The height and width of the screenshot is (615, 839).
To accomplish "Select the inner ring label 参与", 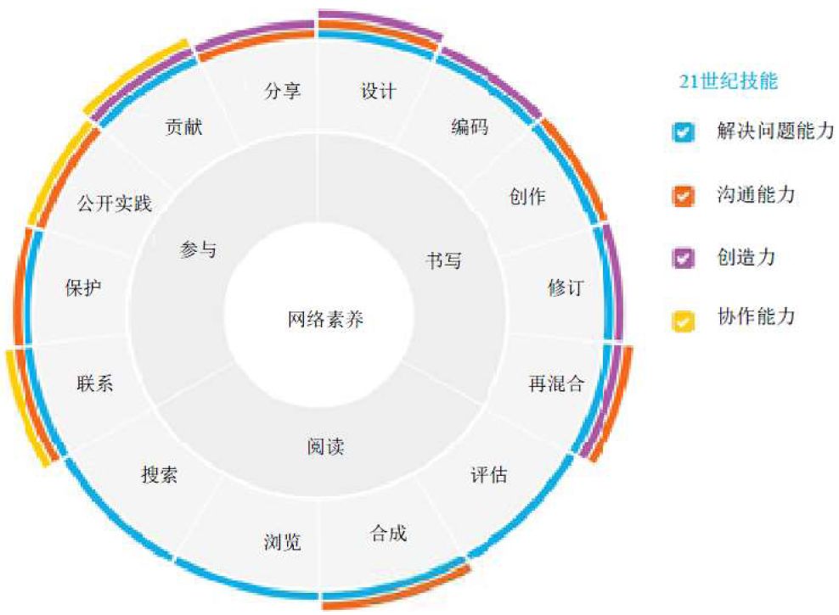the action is tap(198, 249).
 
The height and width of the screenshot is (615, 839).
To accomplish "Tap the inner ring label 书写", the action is tap(443, 260).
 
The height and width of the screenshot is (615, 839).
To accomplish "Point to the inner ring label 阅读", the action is tap(326, 446).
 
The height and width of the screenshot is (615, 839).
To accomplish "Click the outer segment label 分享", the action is tap(282, 91).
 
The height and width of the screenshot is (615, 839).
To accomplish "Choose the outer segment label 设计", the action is tap(378, 91).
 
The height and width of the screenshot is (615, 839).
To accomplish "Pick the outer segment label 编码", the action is tap(470, 129).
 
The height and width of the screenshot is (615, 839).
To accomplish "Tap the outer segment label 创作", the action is tap(527, 197).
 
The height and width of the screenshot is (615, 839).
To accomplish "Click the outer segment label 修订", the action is tap(566, 287).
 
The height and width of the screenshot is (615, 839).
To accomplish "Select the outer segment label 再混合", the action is tap(556, 383).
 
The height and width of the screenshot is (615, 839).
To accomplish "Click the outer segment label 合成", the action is tap(388, 533).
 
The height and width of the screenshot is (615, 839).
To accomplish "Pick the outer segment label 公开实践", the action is tap(114, 204).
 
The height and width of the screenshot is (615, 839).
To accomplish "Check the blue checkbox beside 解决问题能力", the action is tap(684, 133).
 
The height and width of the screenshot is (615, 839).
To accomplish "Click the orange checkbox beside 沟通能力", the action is tap(684, 196).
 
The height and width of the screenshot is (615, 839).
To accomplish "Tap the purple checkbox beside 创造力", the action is tap(684, 258).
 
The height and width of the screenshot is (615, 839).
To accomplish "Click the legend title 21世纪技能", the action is tap(729, 81).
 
